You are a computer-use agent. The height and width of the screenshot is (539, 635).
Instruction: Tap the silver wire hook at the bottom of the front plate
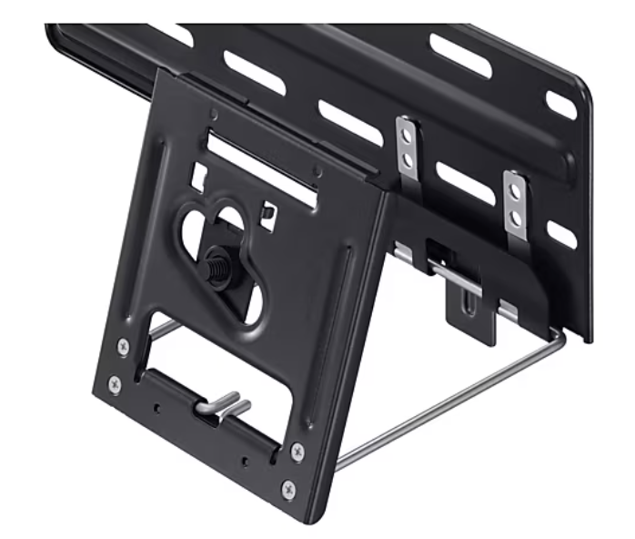224,402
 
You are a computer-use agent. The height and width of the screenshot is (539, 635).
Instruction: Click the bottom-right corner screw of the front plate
288,490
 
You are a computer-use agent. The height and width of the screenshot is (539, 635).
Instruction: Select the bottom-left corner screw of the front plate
115,383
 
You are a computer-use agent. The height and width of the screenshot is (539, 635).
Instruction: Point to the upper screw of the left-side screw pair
123,345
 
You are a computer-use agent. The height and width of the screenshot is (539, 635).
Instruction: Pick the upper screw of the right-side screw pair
297,451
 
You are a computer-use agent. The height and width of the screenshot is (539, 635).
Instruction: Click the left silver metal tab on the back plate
408,147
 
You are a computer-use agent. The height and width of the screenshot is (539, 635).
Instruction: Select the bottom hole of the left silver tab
408,159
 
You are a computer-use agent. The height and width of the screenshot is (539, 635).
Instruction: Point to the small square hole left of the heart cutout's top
198,172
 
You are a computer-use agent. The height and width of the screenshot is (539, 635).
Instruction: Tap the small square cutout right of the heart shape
267,213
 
